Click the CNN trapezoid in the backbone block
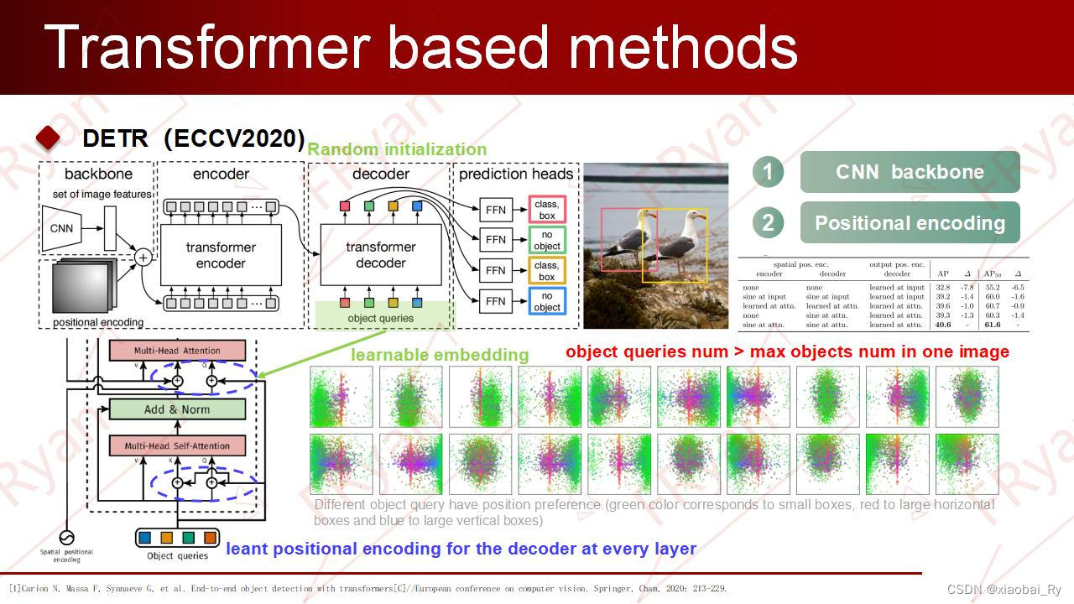click(62, 228)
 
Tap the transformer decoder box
click(381, 256)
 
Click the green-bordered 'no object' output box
click(547, 240)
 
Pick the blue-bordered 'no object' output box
click(547, 301)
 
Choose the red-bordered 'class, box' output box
click(547, 210)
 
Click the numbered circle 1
click(768, 172)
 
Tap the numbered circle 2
click(768, 223)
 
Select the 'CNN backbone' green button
click(910, 172)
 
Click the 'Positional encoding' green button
click(910, 223)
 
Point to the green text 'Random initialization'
click(397, 149)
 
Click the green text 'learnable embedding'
click(440, 355)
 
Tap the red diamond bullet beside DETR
click(50, 138)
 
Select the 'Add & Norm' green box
click(177, 409)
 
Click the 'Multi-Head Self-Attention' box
click(177, 446)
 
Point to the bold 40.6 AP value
click(943, 325)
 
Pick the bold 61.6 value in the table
click(993, 325)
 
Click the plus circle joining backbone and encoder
click(143, 257)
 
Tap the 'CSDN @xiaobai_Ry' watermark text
click(1004, 590)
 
